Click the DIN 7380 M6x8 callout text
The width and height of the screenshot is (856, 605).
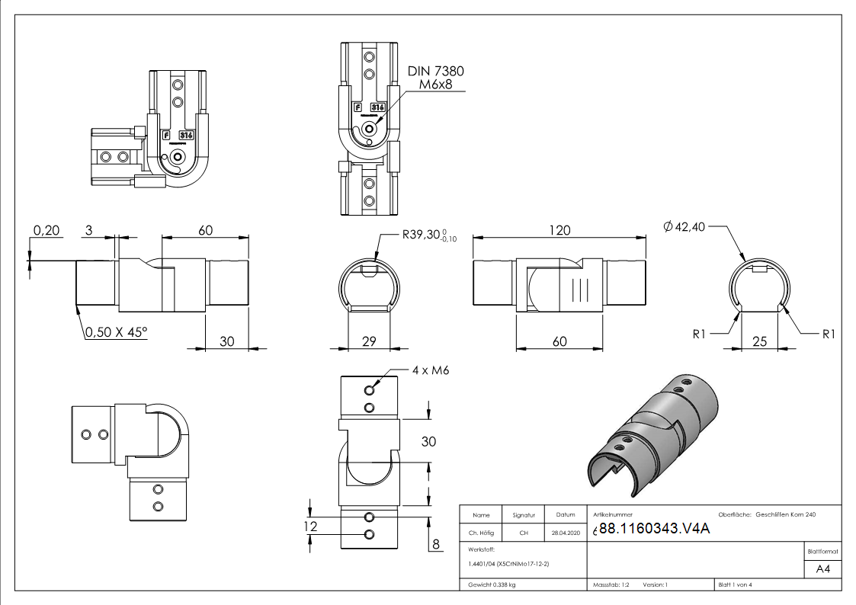point(435,78)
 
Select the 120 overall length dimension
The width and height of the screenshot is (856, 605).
point(559,229)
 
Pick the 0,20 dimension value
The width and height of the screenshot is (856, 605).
point(46,230)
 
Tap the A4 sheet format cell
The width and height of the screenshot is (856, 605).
point(822,569)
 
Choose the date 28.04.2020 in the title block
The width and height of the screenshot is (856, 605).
point(565,533)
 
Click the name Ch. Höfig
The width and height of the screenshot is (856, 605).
point(481,533)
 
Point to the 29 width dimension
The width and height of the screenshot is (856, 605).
point(368,341)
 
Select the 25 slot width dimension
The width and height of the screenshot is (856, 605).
point(758,341)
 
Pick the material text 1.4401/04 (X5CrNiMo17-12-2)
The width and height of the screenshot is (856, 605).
point(508,564)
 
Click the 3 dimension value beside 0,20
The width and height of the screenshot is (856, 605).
point(88,230)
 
